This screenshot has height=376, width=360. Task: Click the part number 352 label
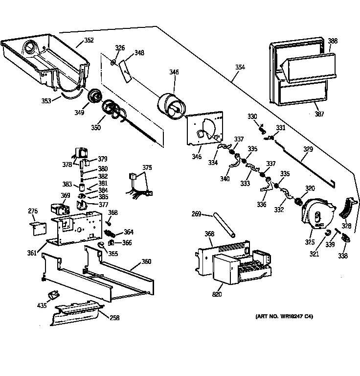89,40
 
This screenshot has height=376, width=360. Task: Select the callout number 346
174,72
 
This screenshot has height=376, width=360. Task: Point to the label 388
333,41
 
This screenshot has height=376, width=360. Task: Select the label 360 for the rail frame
146,261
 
